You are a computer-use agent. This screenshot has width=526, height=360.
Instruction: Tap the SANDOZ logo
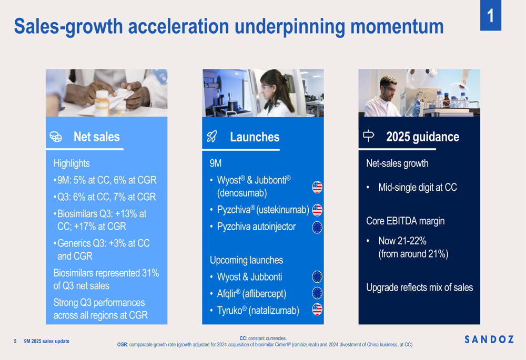pyautogui.click(x=489, y=340)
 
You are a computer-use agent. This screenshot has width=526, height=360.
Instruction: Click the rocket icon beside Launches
pyautogui.click(x=212, y=137)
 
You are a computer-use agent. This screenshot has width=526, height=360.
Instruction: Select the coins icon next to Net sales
pyautogui.click(x=55, y=137)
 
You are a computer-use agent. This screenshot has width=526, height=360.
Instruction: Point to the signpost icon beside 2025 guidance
pyautogui.click(x=369, y=136)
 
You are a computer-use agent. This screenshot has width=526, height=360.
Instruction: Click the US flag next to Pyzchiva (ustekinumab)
pyautogui.click(x=317, y=210)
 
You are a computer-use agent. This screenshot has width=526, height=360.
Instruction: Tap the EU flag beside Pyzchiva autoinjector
pyautogui.click(x=317, y=227)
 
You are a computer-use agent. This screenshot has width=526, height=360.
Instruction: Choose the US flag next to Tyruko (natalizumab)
pyautogui.click(x=317, y=310)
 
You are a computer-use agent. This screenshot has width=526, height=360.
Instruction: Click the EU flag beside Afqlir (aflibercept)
pyautogui.click(x=317, y=293)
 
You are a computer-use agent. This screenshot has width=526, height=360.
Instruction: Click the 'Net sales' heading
pyautogui.click(x=97, y=137)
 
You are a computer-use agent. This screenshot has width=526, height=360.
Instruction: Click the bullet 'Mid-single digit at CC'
pyautogui.click(x=418, y=188)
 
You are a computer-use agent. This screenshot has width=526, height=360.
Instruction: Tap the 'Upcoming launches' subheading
pyautogui.click(x=246, y=260)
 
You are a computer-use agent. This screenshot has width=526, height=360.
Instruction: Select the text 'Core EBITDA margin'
pyautogui.click(x=405, y=221)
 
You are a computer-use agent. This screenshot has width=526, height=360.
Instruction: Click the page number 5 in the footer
pyautogui.click(x=15, y=341)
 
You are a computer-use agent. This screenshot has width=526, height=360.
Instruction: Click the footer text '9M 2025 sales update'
pyautogui.click(x=46, y=341)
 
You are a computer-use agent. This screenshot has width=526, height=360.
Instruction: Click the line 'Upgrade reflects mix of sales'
pyautogui.click(x=419, y=287)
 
